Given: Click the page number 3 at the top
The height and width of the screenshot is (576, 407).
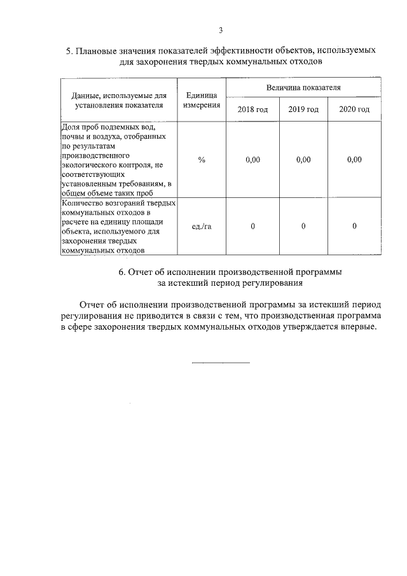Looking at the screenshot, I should pos(221,30).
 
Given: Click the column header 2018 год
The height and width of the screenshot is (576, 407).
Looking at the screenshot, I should pos(252,109).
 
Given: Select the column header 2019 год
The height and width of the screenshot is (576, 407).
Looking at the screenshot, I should pos(303,109).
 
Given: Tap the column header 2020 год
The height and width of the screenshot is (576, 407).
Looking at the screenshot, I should pos(354,109).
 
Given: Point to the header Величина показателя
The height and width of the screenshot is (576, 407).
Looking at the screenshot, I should pos(303,86).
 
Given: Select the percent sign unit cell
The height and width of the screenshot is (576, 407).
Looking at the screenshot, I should pos(202,160).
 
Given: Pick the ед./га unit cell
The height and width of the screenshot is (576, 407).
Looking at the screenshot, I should pos(202,227).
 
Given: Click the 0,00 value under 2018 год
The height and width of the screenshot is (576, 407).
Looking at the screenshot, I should pos(252,160).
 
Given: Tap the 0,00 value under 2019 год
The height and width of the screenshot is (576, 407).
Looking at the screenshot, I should pos(303,160).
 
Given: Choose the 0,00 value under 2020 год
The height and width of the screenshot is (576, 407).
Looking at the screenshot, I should pos(354,160).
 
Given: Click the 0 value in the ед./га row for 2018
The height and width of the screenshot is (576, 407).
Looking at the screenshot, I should pos(252,227).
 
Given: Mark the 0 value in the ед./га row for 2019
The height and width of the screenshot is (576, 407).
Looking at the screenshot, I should pos(303,227).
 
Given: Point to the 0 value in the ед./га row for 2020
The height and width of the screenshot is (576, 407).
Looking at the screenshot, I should pos(354,227).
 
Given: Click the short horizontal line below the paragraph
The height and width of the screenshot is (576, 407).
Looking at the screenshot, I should pos(221,363).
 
